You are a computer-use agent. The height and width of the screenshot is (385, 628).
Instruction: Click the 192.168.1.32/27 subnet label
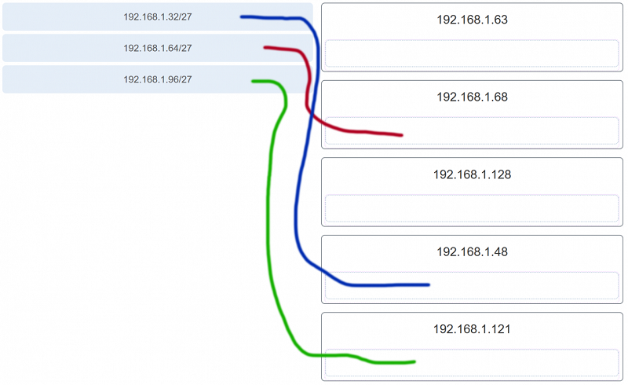158,16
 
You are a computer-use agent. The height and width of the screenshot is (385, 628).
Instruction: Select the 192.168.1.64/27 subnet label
158,48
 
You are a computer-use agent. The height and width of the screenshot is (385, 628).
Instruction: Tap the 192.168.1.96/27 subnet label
158,79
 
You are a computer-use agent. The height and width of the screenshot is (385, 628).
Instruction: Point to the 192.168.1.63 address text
473,20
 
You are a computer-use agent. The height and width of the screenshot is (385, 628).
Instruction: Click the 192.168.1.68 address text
473,97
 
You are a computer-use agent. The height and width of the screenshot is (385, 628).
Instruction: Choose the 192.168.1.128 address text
473,174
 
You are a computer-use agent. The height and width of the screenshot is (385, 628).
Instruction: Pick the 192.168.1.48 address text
473,252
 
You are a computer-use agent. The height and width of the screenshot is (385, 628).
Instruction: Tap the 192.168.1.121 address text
473,329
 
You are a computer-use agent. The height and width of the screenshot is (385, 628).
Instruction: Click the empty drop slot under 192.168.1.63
472,53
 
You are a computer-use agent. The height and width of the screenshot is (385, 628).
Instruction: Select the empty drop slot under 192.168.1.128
472,208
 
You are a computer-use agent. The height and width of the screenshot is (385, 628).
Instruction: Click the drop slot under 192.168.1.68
472,130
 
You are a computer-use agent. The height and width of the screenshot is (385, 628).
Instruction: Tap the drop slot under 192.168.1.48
472,285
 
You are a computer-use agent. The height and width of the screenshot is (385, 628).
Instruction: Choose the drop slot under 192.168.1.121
472,363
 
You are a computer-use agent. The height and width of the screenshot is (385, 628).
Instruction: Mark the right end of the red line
402,136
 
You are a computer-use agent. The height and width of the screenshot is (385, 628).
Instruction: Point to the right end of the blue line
429,284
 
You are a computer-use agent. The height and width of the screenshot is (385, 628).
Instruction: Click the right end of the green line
415,361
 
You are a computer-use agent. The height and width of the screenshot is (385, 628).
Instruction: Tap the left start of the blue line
242,16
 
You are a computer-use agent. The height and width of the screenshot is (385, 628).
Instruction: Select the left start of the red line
265,47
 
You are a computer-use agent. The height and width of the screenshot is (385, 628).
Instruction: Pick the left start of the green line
253,82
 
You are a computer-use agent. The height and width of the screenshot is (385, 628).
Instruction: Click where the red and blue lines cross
311,114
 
